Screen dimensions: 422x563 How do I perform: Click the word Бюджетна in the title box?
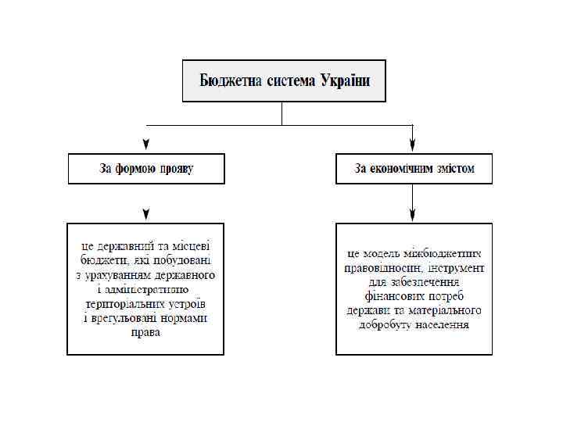(x=228, y=80)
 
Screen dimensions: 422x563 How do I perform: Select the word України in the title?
(x=344, y=80)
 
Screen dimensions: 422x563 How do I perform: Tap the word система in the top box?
(x=289, y=80)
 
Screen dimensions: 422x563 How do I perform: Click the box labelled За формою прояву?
(x=146, y=169)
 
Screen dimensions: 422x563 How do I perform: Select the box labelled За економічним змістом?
(x=414, y=169)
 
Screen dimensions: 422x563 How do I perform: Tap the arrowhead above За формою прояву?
(x=146, y=145)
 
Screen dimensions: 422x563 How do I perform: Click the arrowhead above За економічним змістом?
(x=413, y=145)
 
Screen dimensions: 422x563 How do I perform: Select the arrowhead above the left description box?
(x=146, y=213)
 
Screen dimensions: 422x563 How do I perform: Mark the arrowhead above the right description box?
(x=413, y=213)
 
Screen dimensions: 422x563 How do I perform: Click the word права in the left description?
(x=146, y=332)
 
